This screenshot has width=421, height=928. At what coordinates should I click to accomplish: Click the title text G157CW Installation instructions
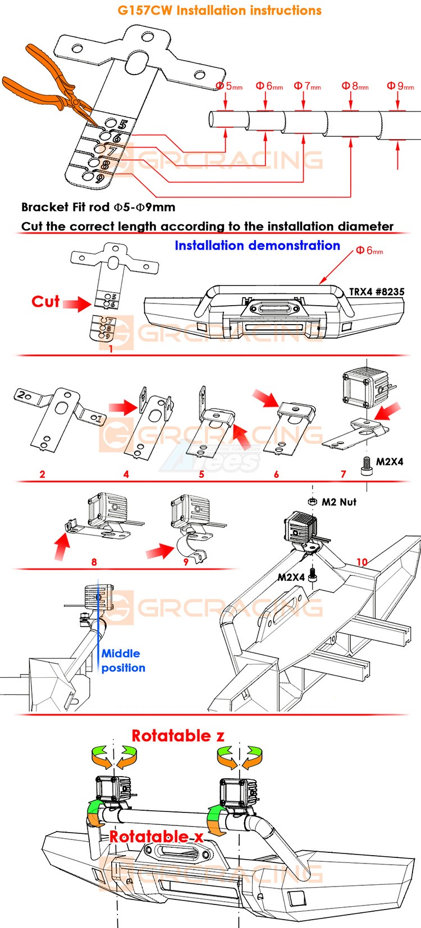[219, 11]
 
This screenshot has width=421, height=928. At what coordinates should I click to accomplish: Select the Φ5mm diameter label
[229, 86]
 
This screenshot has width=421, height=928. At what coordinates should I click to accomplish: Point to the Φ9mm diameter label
[400, 86]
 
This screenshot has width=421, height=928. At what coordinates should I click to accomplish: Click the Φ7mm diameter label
[307, 86]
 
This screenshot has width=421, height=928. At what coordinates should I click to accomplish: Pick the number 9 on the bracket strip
[100, 179]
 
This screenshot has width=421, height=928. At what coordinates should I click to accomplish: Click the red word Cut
[45, 302]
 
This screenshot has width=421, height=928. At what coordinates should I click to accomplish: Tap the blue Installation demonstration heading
[257, 246]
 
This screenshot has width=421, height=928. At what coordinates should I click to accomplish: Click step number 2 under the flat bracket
[42, 474]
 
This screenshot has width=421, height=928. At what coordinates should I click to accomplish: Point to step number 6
[276, 474]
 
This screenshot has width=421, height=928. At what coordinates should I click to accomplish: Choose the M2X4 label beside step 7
[390, 461]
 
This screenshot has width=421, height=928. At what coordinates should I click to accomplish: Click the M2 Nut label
[338, 502]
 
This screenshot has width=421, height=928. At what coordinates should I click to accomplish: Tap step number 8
[94, 561]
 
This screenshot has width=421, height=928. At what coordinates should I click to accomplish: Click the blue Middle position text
[123, 661]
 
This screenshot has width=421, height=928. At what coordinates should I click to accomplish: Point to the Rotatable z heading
[178, 736]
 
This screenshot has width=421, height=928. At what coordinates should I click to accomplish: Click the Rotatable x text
[156, 837]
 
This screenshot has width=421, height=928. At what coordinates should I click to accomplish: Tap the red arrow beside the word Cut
[76, 304]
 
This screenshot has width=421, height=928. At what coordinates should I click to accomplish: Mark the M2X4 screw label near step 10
[291, 577]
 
